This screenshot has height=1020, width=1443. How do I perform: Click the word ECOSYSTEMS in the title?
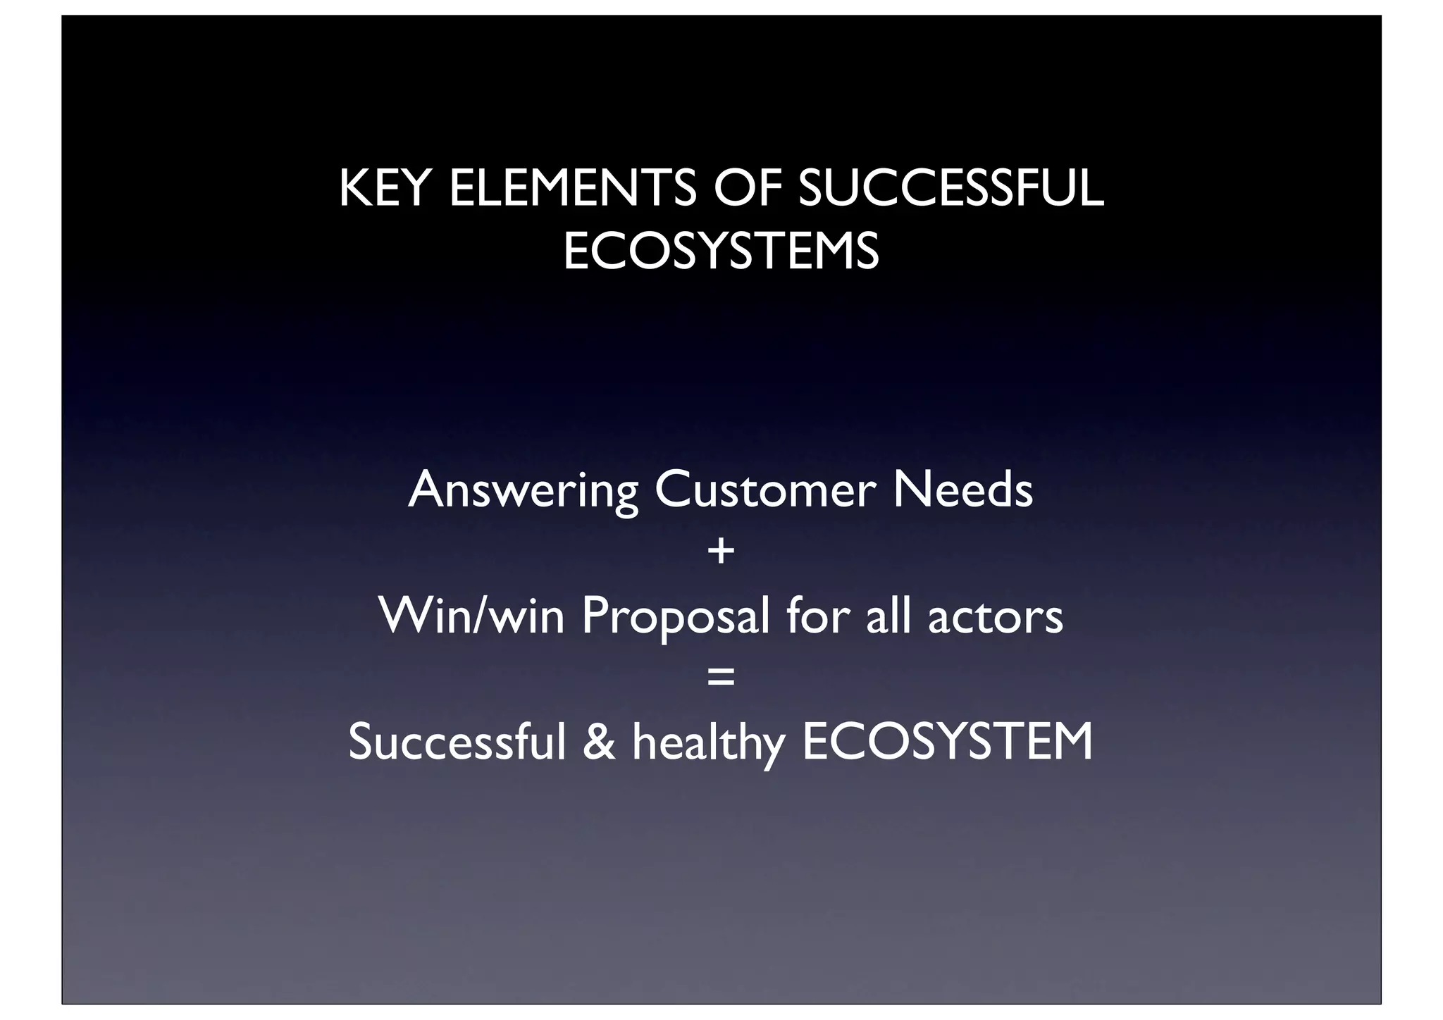[721, 251]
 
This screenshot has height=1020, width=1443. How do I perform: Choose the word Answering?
[523, 491]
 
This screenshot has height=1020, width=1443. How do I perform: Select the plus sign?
[721, 552]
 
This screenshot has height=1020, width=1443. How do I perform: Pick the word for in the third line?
[817, 616]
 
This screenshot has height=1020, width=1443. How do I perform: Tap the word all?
[887, 616]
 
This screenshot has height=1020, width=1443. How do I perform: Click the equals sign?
[721, 678]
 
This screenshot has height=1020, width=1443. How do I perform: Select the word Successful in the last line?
[457, 742]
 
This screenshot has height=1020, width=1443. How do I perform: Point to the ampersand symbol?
[599, 742]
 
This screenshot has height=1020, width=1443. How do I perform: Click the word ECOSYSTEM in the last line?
[948, 742]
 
